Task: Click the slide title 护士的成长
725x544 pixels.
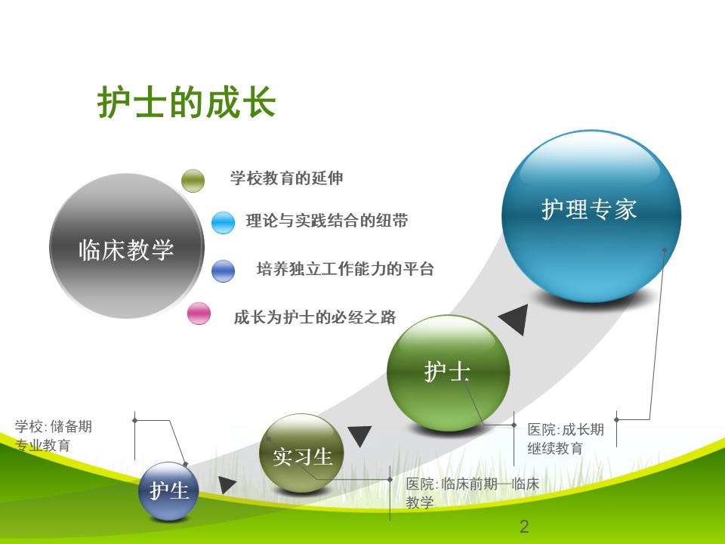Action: click(x=187, y=102)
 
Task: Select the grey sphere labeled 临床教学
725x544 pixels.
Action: click(x=126, y=246)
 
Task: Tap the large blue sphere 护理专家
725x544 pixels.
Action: click(x=591, y=216)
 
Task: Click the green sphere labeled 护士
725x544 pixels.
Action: click(x=448, y=372)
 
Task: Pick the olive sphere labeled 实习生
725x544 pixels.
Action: click(x=301, y=453)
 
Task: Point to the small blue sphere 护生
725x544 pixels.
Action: click(x=168, y=491)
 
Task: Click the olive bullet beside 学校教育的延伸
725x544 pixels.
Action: click(x=193, y=181)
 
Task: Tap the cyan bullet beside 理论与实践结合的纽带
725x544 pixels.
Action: click(x=223, y=222)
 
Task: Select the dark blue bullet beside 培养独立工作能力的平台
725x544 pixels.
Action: click(x=223, y=271)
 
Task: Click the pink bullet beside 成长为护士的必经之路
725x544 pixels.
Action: click(x=199, y=314)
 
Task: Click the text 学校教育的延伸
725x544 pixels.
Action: click(x=287, y=178)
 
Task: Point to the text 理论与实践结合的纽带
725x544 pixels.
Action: click(x=327, y=221)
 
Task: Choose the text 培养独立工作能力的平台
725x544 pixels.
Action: click(x=345, y=269)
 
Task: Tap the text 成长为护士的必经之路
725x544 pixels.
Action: click(x=315, y=317)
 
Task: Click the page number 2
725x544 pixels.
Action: click(x=524, y=527)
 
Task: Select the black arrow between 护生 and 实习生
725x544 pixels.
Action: click(x=226, y=484)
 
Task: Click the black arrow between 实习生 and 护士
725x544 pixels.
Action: click(x=359, y=435)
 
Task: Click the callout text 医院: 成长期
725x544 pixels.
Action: click(x=566, y=430)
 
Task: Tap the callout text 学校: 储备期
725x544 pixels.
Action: click(x=53, y=426)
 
